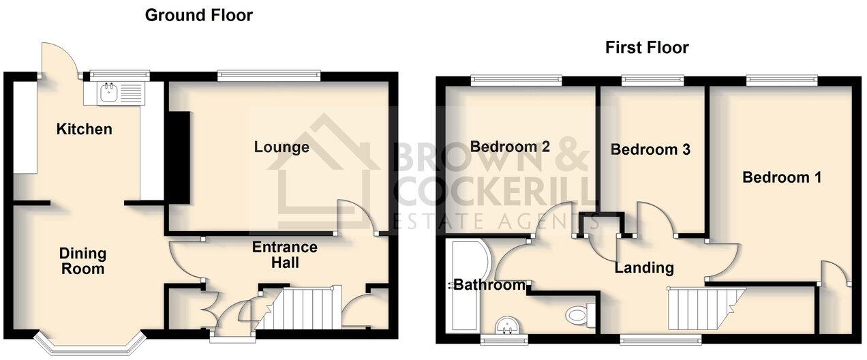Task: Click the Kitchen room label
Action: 84,129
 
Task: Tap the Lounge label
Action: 282,147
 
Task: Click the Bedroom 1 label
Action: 781,177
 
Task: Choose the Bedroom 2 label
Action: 510,147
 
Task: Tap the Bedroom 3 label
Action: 650,149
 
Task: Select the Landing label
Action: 644,268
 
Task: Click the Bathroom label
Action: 489,285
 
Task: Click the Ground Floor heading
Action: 198,15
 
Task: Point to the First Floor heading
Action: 647,48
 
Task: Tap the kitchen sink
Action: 109,92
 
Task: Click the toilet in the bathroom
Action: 578,314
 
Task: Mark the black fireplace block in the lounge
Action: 180,155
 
